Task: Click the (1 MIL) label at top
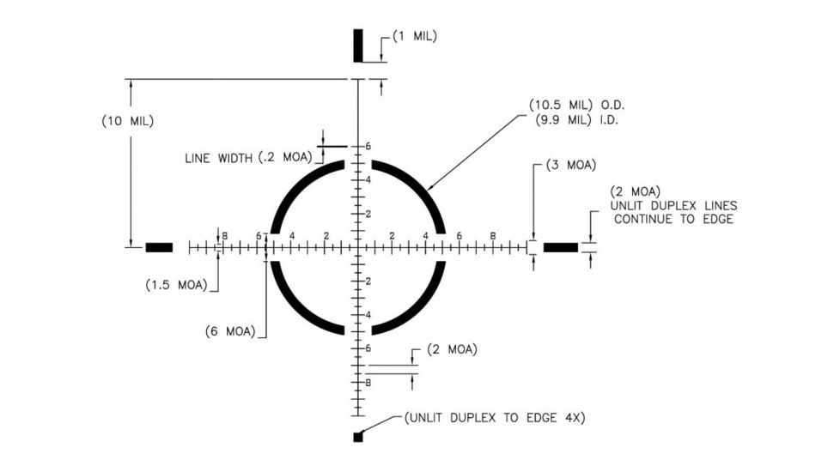coord(415,37)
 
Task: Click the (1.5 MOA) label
coord(177,285)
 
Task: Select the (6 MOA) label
coord(230,331)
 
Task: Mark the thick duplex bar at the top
coord(358,45)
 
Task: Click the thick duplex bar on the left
coord(159,248)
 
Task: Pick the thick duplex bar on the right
coord(561,248)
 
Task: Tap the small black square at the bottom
coord(358,438)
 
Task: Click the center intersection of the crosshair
coord(358,248)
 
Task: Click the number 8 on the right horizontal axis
coord(492,236)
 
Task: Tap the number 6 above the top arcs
coord(368,147)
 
